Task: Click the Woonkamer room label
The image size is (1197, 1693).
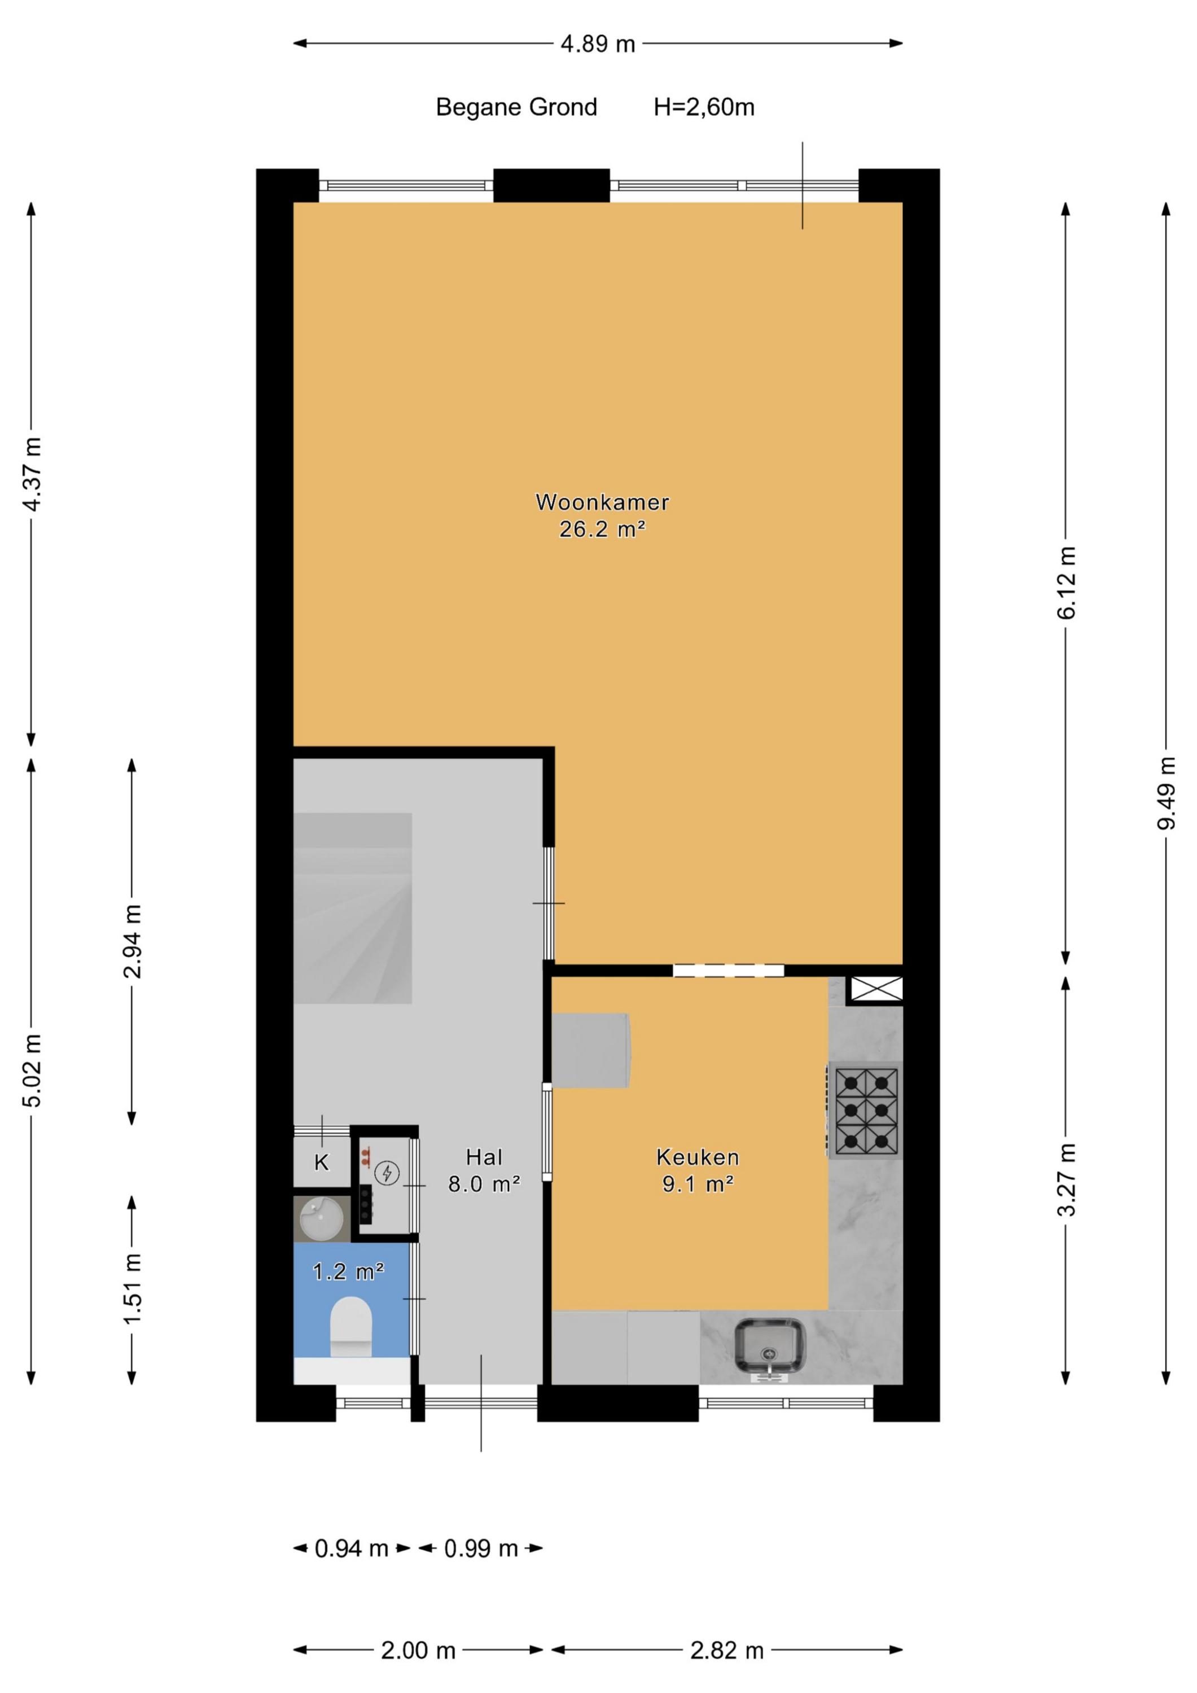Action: pos(603,503)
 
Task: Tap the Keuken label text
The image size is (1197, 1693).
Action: pos(698,1157)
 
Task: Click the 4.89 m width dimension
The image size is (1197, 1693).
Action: pos(598,44)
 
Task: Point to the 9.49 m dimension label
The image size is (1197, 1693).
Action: pos(1166,793)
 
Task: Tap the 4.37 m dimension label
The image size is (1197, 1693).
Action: pos(32,474)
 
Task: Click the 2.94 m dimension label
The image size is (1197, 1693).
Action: pos(132,942)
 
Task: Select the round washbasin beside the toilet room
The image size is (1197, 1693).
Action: pos(322,1219)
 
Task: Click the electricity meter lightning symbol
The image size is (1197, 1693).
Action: pos(387,1173)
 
